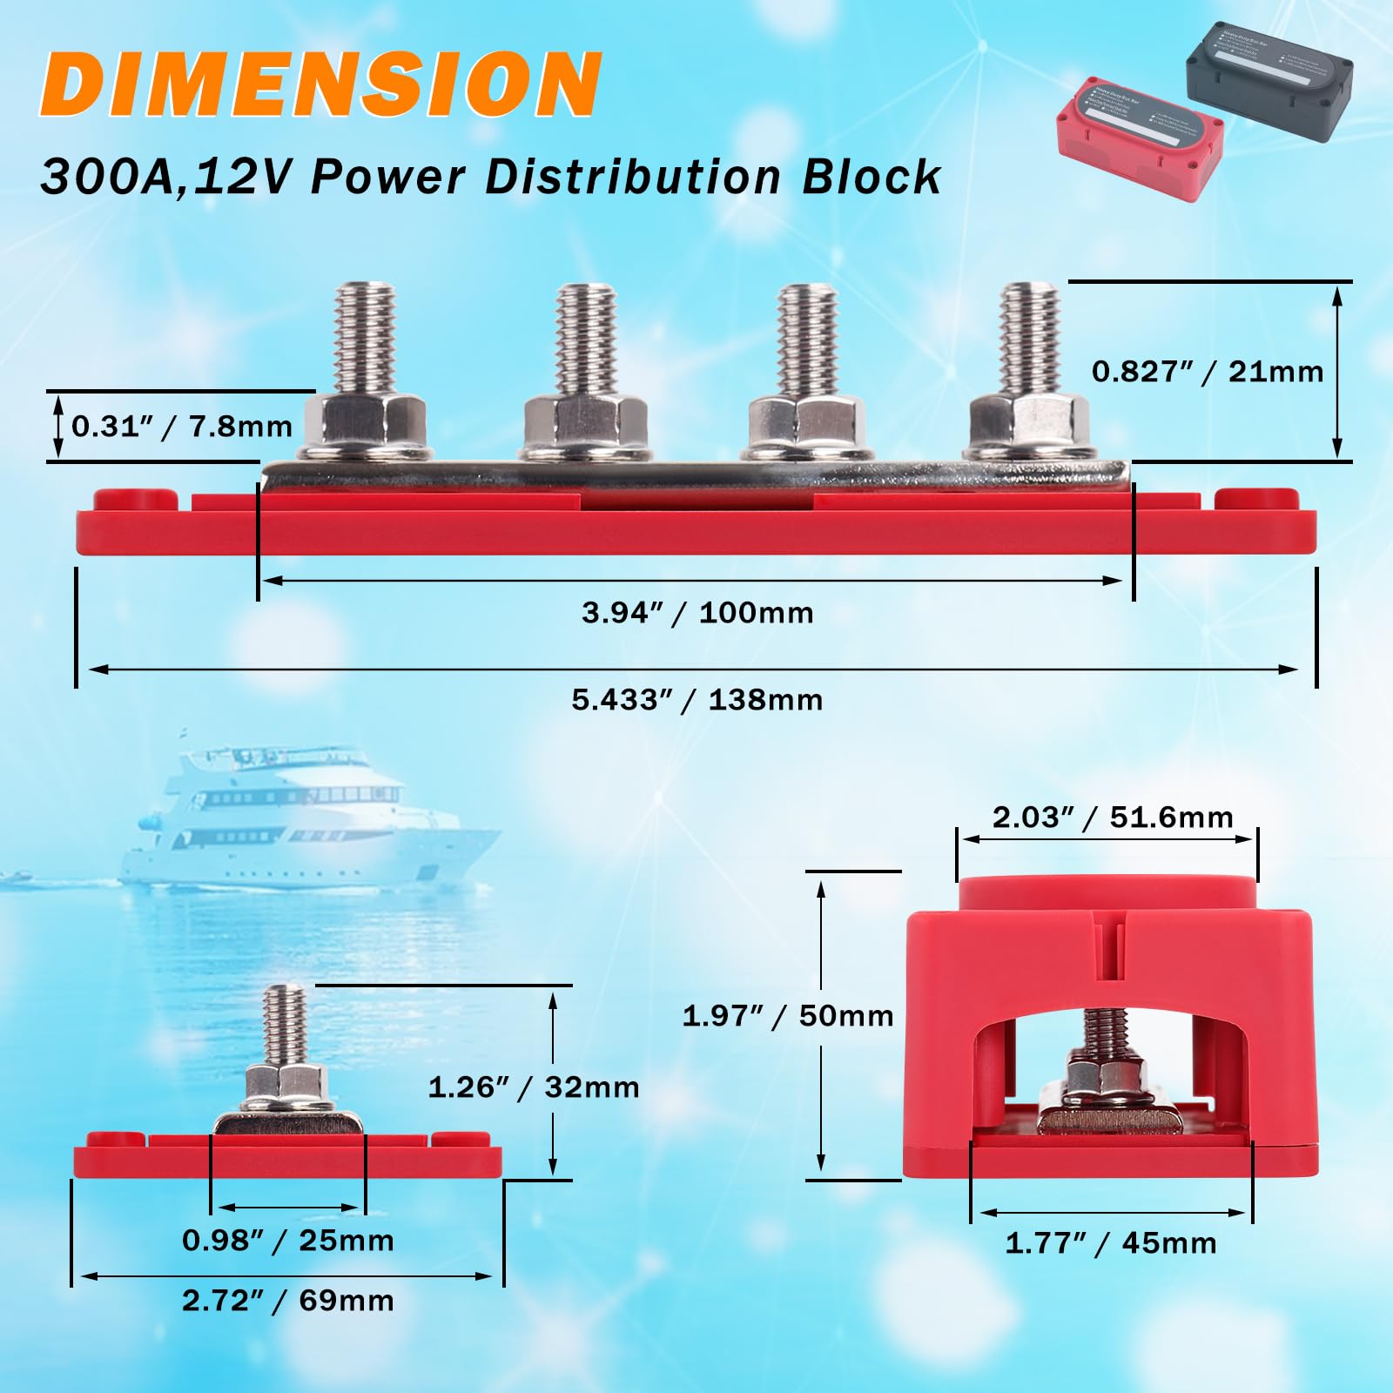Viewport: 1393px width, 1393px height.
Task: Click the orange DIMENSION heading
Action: coord(320,84)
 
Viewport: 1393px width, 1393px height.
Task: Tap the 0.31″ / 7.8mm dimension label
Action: coord(181,427)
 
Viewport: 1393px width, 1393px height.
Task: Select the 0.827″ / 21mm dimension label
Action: coord(1207,372)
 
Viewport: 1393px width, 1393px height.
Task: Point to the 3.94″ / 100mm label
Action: coord(697,613)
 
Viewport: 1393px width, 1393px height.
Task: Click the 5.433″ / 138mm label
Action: coord(696,700)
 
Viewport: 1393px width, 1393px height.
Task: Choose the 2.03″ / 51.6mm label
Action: coord(1113,818)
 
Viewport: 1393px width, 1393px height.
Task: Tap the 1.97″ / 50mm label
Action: coord(787,1015)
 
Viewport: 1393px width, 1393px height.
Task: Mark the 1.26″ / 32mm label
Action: coord(533,1087)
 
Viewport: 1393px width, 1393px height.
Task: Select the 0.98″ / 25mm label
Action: coord(287,1240)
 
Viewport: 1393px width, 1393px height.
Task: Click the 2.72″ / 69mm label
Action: coord(287,1301)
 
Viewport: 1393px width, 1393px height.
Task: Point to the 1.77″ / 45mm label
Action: coord(1111,1242)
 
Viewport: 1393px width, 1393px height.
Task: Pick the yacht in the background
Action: coord(305,818)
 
